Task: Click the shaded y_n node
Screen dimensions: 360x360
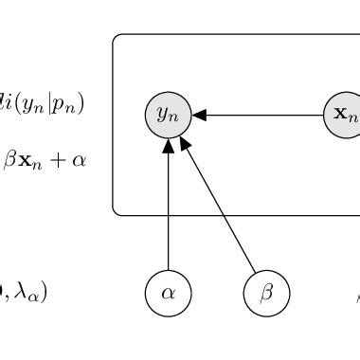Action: coord(168,116)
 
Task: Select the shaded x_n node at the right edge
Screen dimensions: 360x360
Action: coord(344,116)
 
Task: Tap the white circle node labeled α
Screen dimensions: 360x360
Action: coord(168,293)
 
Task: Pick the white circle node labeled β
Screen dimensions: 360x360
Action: coord(266,293)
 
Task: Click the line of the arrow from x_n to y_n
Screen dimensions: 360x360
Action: coord(265,116)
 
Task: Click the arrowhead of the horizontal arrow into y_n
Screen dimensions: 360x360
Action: coord(199,116)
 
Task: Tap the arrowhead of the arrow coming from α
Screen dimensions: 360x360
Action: coord(168,146)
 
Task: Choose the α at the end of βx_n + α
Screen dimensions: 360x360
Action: coord(78,160)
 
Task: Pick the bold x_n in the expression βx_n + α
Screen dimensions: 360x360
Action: coord(31,160)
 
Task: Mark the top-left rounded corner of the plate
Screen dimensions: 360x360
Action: coord(117,39)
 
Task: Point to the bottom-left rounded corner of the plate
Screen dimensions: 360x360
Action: coord(117,211)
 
